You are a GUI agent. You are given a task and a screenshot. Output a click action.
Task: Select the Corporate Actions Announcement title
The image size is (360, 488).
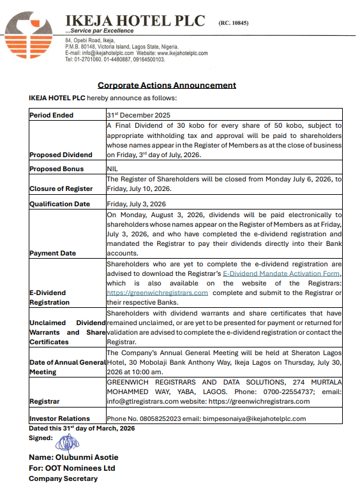pyautogui.click(x=167, y=85)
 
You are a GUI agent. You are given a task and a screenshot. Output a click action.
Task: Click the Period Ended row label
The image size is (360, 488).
pyautogui.click(x=52, y=115)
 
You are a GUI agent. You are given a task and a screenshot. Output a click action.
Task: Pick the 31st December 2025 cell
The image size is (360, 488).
pyautogui.click(x=139, y=115)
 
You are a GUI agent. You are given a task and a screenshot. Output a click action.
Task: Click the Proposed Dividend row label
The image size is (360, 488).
pyautogui.click(x=61, y=155)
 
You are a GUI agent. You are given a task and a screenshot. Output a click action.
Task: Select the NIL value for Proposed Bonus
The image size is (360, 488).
pyautogui.click(x=112, y=169)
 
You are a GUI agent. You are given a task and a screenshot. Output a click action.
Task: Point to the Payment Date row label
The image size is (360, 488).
pyautogui.click(x=52, y=253)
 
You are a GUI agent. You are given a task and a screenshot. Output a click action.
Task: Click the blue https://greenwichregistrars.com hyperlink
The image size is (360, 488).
pyautogui.click(x=157, y=293)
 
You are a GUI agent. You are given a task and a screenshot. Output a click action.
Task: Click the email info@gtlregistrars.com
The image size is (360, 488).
pyautogui.click(x=142, y=401)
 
